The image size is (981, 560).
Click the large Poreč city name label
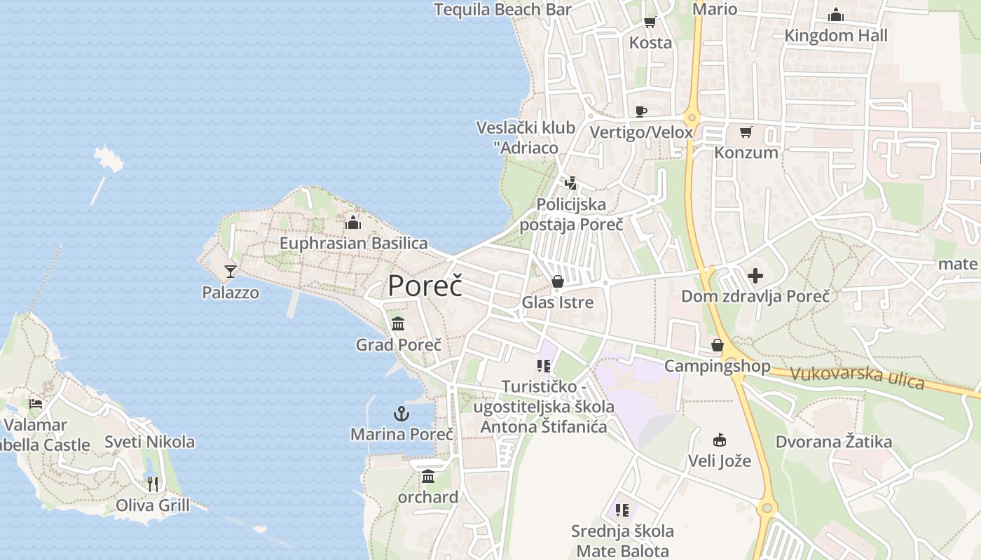[x=425, y=286]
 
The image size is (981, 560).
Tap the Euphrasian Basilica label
[x=353, y=244]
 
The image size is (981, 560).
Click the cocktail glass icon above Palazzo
[x=231, y=271]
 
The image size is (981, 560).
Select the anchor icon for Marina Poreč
[x=401, y=414]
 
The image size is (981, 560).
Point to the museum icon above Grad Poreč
[x=398, y=323]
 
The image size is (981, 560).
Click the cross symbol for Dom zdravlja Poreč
[x=755, y=275]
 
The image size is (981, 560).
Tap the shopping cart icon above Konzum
[x=746, y=132]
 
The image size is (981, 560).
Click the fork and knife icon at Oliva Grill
[x=153, y=484]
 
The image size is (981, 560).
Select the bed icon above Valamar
[x=36, y=404]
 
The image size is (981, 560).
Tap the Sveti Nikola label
[x=149, y=442]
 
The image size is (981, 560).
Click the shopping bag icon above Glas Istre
[x=558, y=281]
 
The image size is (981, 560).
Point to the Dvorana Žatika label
[x=833, y=442]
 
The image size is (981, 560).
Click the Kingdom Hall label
[x=835, y=36]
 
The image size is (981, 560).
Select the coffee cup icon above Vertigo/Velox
[x=640, y=111]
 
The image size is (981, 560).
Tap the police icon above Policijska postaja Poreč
[x=571, y=183]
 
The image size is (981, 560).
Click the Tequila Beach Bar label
[x=502, y=10]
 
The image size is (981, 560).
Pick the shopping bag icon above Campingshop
[x=718, y=345]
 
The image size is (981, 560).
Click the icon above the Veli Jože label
[x=719, y=440]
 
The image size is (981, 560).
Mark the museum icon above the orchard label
[x=428, y=477]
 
